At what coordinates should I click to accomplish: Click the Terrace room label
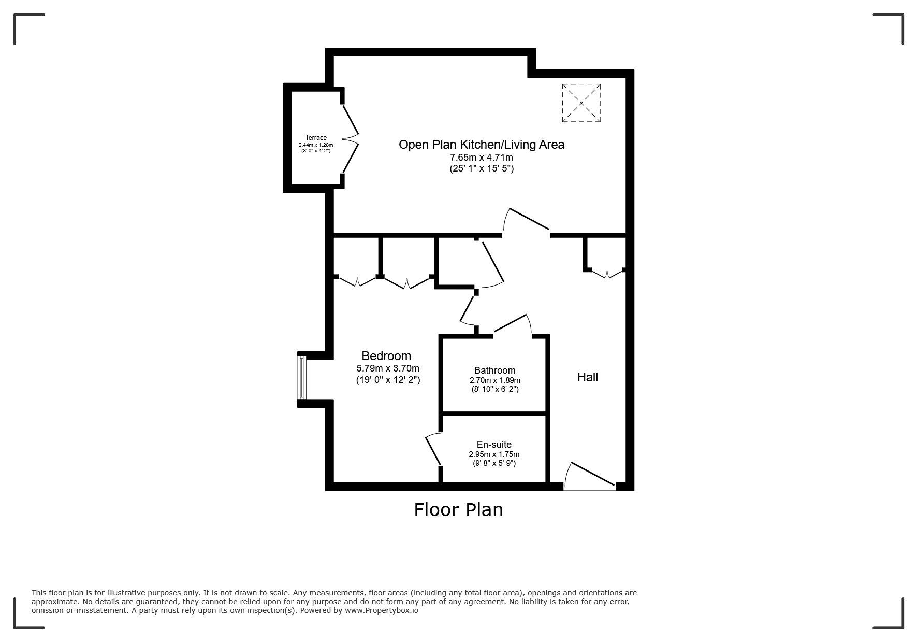click(315, 138)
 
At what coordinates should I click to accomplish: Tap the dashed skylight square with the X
click(581, 103)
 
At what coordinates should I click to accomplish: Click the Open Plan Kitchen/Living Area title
click(481, 145)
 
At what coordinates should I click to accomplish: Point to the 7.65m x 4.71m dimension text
click(481, 158)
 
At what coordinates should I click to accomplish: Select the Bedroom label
click(386, 356)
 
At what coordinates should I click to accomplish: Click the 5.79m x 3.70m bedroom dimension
click(388, 368)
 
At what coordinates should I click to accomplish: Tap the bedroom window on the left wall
click(302, 378)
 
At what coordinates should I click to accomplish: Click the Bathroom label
click(494, 370)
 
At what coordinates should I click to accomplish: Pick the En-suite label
click(494, 445)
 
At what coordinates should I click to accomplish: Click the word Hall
click(588, 377)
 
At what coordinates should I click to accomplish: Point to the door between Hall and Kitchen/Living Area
click(527, 220)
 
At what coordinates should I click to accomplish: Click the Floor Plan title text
click(458, 510)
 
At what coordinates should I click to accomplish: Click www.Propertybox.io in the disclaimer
click(382, 610)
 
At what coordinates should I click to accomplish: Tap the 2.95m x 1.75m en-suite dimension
click(494, 454)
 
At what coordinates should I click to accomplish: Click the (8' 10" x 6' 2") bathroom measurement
click(494, 389)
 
